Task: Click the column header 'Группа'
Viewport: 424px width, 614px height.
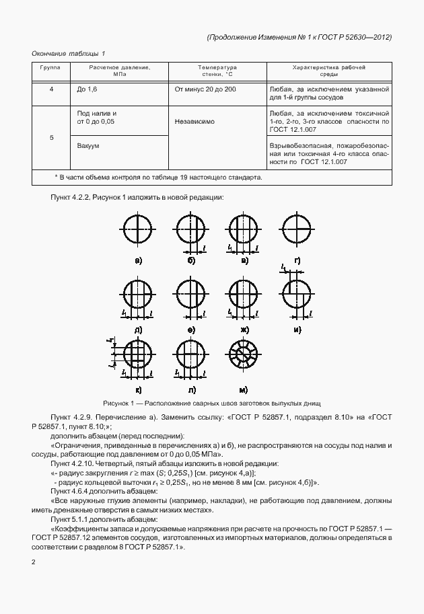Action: coord(50,68)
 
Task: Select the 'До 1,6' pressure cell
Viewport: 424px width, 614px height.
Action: coord(88,89)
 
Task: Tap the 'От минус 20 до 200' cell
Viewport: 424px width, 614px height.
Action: coord(205,89)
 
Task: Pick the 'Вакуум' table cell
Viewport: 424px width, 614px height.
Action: coord(88,145)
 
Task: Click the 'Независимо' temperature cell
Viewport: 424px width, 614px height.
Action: coord(195,123)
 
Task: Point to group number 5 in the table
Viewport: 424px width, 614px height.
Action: coord(52,137)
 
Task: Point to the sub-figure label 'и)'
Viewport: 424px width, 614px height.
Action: coord(297,330)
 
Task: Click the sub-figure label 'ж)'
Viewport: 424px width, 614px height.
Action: coord(244,330)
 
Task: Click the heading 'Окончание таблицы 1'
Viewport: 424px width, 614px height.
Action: coord(69,52)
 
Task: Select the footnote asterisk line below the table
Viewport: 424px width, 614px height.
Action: coord(157,178)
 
